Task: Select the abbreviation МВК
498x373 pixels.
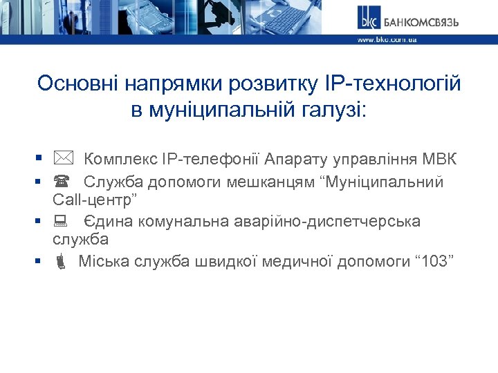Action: [x=437, y=160]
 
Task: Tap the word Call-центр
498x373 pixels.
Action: [x=95, y=201]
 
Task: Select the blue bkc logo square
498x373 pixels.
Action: [x=367, y=17]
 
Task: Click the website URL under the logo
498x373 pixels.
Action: [x=387, y=40]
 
